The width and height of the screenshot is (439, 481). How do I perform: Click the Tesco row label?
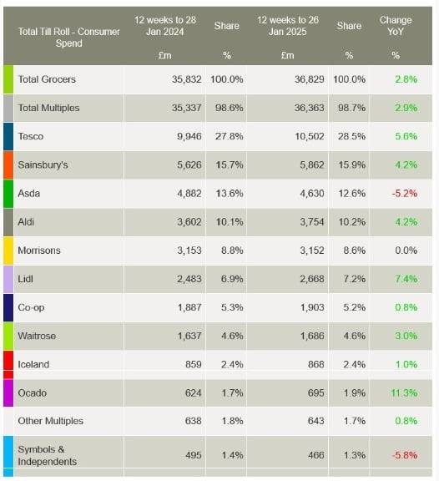pyautogui.click(x=31, y=137)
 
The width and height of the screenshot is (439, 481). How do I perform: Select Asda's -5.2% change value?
pyautogui.click(x=406, y=194)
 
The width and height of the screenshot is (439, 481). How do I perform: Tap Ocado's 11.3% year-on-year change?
pyautogui.click(x=404, y=392)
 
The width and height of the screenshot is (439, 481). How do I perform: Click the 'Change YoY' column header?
pyautogui.click(x=395, y=25)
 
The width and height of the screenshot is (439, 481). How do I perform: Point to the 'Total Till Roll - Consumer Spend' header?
pyautogui.click(x=68, y=32)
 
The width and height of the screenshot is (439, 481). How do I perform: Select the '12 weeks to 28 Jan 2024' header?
pyautogui.click(x=167, y=25)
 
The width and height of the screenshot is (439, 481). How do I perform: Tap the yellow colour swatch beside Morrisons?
pyautogui.click(x=8, y=251)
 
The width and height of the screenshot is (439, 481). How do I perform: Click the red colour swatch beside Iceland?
pyautogui.click(x=8, y=364)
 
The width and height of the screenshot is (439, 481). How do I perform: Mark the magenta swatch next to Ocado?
pyautogui.click(x=8, y=392)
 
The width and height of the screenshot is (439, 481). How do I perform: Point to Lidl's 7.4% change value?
pyautogui.click(x=406, y=279)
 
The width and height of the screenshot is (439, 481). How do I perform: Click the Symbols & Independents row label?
pyautogui.click(x=47, y=455)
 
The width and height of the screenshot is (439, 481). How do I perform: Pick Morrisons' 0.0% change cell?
pyautogui.click(x=406, y=251)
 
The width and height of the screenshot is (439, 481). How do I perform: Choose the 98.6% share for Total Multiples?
pyautogui.click(x=229, y=108)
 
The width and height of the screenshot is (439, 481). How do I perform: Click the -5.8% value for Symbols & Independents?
pyautogui.click(x=406, y=455)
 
